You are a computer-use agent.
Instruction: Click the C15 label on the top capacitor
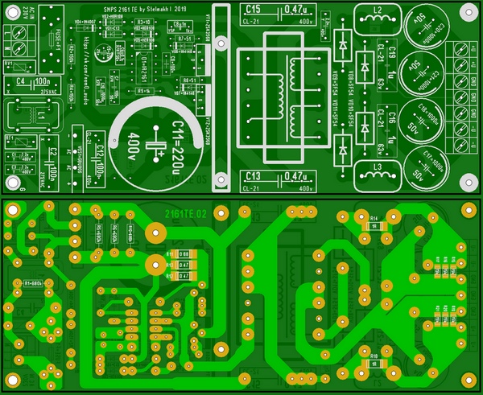[x=253, y=9]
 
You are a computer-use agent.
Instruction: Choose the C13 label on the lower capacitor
[x=253, y=176]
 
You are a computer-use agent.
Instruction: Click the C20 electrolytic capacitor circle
[x=426, y=29]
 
